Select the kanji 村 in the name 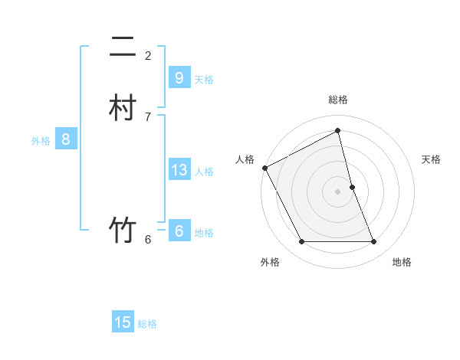(123, 107)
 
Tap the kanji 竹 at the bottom (123, 230)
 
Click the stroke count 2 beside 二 (148, 55)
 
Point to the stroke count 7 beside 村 (148, 116)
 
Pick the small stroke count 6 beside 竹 (148, 240)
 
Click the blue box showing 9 (179, 78)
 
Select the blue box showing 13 (179, 170)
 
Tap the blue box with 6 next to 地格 (179, 231)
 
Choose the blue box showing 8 (66, 139)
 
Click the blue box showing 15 (123, 322)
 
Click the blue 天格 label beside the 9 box (204, 79)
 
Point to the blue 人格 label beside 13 (204, 171)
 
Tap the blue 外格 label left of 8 (41, 140)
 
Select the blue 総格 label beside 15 (147, 323)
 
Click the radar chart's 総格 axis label (338, 100)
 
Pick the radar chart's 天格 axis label (431, 159)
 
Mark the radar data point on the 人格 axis (264, 168)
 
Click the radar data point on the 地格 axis (374, 241)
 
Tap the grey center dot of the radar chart (338, 191)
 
